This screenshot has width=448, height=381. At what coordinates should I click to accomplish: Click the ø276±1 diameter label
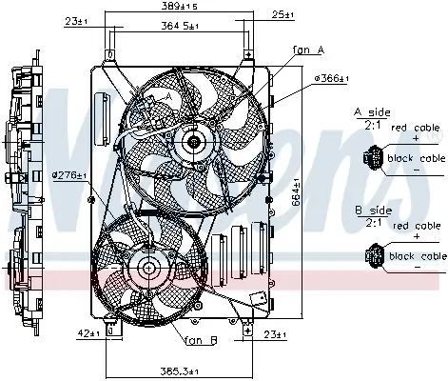pos(68,175)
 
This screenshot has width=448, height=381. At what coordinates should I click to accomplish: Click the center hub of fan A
pos(196,143)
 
